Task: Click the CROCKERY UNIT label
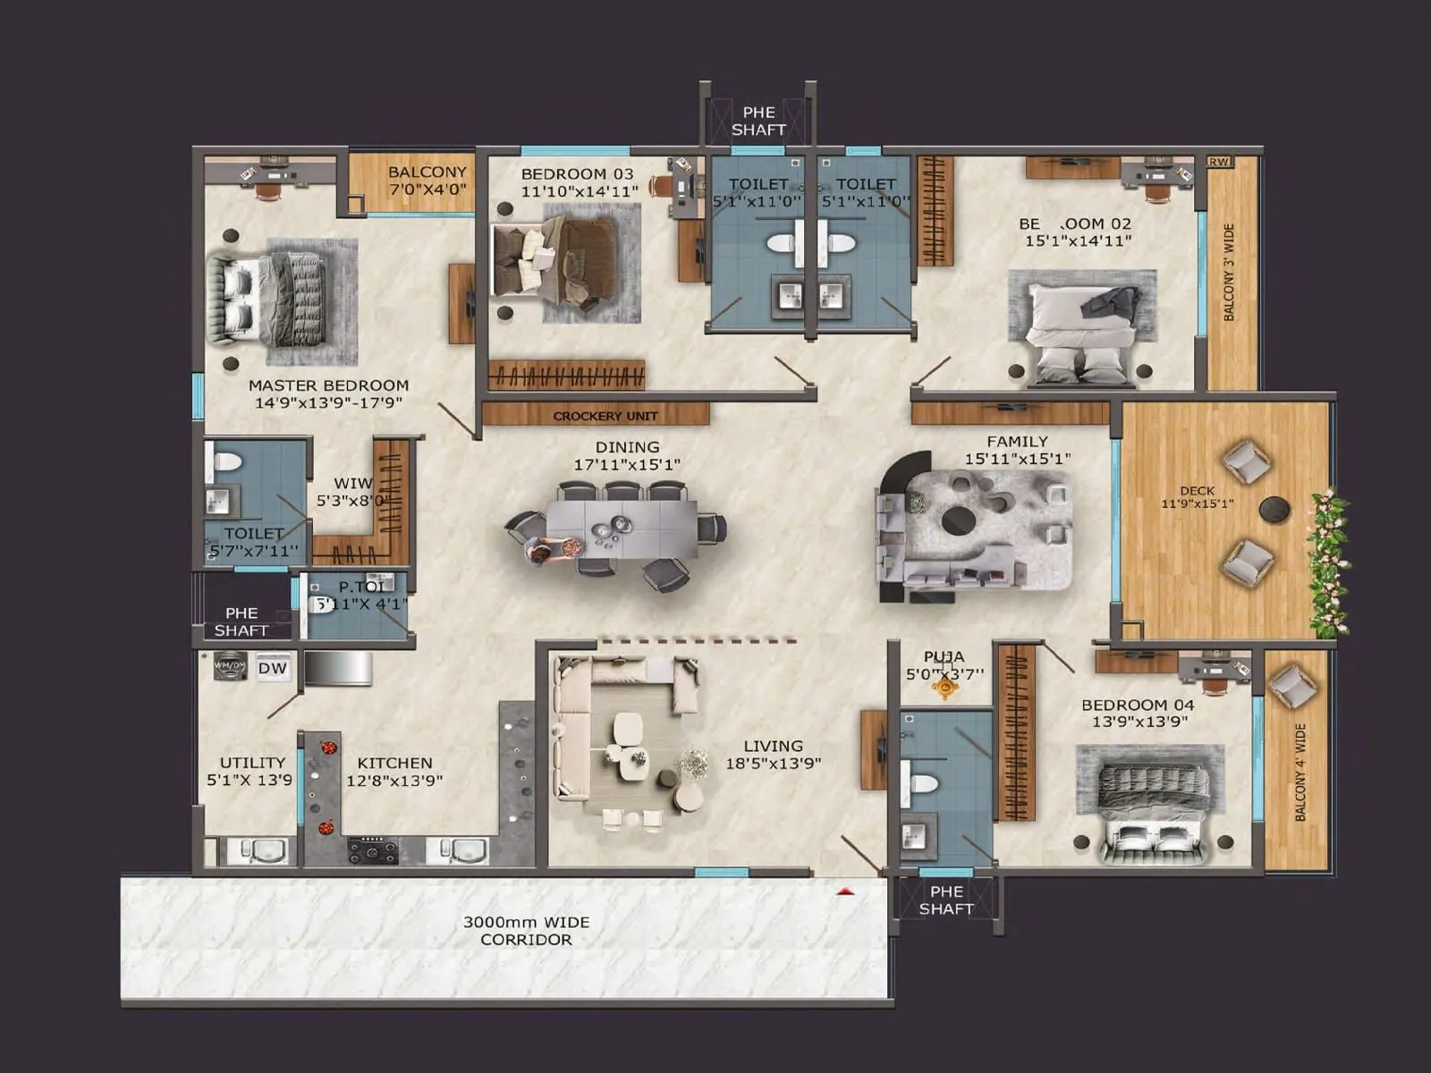[x=605, y=416]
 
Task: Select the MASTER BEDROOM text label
[x=328, y=385]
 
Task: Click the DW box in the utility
[x=273, y=668]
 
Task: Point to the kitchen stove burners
[x=372, y=849]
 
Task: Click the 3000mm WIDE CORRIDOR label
[x=526, y=930]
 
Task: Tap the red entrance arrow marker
[x=845, y=891]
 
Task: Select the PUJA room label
[x=944, y=657]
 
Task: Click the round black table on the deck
[x=1274, y=510]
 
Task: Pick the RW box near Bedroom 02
[x=1218, y=162]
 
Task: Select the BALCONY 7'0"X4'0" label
[x=427, y=180]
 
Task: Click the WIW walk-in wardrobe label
[x=351, y=483]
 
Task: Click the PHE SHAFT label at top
[x=758, y=121]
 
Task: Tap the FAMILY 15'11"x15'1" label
[x=1017, y=450]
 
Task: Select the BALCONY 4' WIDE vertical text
[x=1300, y=772]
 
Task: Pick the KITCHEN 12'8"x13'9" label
[x=394, y=771]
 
